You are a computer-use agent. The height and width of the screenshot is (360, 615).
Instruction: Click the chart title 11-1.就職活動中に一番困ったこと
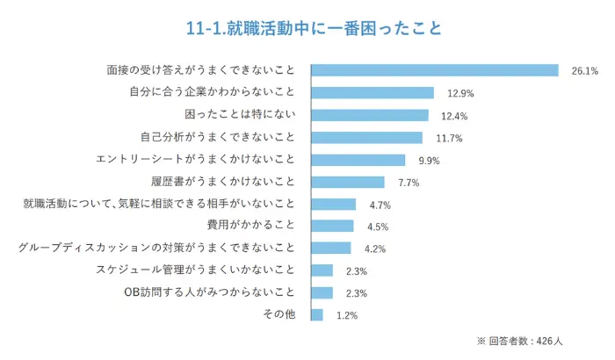click(307, 29)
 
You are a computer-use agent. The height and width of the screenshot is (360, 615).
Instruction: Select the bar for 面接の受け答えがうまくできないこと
click(435, 70)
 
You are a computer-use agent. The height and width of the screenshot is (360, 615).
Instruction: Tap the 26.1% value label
click(584, 71)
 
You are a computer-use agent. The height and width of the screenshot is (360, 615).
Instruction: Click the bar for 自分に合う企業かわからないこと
click(373, 93)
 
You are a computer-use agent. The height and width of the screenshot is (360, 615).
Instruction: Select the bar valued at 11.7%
click(366, 138)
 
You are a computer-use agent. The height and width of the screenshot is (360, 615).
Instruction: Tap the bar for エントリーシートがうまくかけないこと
click(358, 160)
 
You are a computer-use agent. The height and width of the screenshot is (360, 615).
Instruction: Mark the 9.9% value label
click(429, 161)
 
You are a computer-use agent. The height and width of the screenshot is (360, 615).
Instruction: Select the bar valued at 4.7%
click(334, 205)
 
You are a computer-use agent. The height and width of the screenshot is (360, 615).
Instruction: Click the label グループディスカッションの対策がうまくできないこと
click(157, 248)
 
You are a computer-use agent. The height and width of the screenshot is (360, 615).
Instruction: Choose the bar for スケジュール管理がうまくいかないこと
click(322, 270)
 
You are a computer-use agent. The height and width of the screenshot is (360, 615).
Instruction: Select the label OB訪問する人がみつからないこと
click(210, 292)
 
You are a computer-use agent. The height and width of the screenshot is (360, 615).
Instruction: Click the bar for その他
click(317, 314)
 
